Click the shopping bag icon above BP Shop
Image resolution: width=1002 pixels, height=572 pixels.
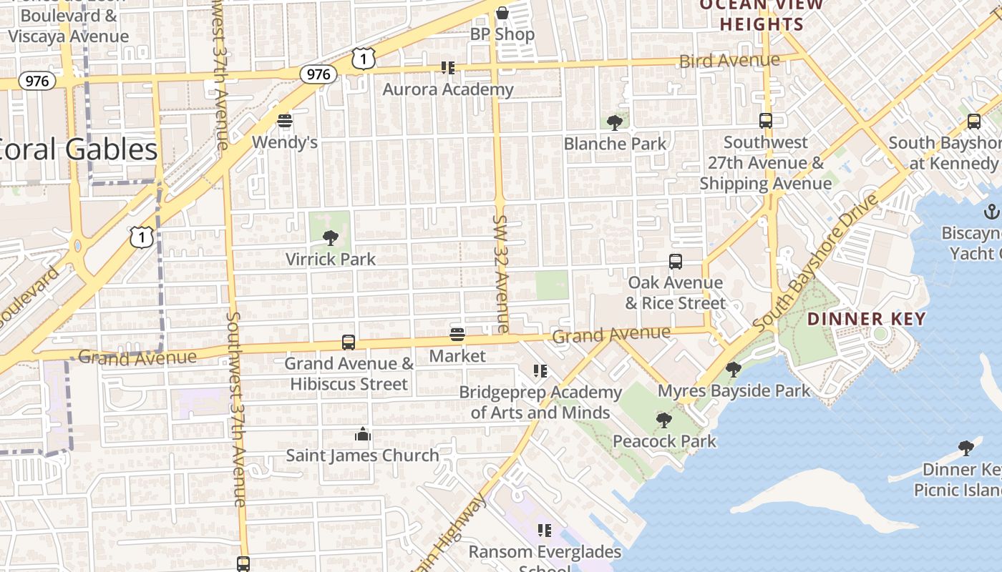point(502,12)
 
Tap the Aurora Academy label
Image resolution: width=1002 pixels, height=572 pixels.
point(448,89)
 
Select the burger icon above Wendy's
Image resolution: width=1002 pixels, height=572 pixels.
point(285,120)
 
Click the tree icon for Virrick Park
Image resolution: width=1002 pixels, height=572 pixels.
point(331,237)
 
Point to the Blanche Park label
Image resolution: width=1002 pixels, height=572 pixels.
point(615,144)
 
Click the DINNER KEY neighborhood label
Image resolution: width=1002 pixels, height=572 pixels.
point(867,319)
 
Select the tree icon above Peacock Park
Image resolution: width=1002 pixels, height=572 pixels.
point(664,420)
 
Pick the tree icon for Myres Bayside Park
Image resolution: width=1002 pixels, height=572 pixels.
point(733,370)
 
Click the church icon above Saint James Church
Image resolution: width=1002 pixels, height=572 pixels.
point(363,434)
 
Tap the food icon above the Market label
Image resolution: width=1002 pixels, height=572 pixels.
point(457,335)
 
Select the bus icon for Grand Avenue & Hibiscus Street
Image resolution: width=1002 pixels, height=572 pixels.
point(349,342)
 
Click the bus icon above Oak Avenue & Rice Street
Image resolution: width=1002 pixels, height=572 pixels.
point(675,262)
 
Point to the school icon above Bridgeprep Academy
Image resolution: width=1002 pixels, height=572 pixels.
point(540,371)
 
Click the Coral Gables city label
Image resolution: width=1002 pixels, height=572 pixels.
point(79,149)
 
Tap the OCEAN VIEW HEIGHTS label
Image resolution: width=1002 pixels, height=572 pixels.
point(762,14)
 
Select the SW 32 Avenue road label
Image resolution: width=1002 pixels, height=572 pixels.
point(500,273)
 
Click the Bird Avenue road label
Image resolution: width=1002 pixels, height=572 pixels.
point(729,60)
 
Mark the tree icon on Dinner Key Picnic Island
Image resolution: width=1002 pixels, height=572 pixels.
point(965,448)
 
